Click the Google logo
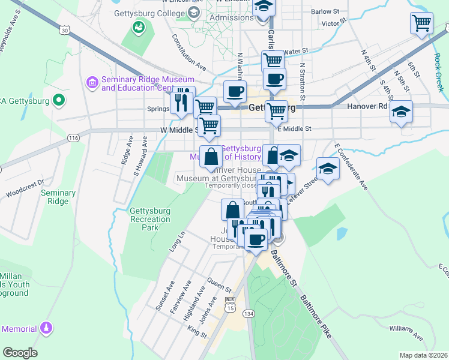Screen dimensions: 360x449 20,353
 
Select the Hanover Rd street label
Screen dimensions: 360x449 367,107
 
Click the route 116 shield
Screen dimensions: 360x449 74,138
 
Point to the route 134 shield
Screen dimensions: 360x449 248,313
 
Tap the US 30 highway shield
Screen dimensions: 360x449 65,28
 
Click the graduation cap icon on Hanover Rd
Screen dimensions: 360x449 401,111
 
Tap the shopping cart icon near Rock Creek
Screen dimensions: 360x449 422,23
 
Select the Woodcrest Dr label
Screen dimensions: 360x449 25,188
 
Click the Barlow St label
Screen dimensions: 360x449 325,11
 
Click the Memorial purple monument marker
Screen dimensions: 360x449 46,329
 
